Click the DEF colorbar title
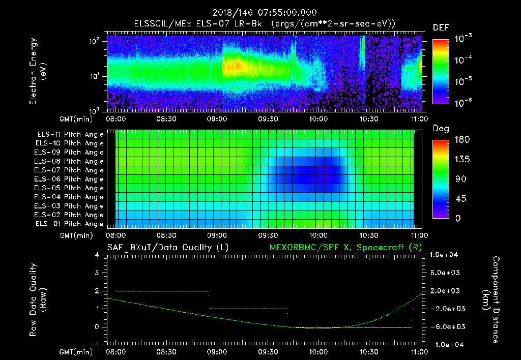(x=441, y=28)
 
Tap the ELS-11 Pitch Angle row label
(x=70, y=135)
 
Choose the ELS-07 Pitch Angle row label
(x=70, y=170)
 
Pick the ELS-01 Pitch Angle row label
(x=70, y=224)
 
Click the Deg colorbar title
(x=441, y=129)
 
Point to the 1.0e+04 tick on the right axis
(x=446, y=255)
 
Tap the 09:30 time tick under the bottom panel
(x=268, y=351)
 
